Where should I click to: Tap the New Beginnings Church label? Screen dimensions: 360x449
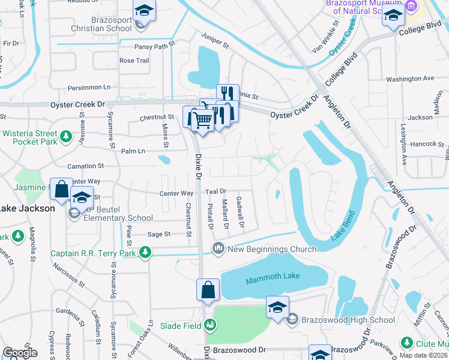coord(272,249)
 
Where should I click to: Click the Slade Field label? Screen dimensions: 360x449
coord(180,326)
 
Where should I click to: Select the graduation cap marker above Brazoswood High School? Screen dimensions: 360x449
coord(277,307)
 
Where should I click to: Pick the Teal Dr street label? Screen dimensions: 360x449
coord(215,191)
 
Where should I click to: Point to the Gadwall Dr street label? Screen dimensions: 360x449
coord(240,212)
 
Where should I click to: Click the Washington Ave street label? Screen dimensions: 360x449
coord(410,79)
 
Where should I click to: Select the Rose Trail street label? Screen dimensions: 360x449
coord(134,61)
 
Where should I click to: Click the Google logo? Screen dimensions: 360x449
coord(20,352)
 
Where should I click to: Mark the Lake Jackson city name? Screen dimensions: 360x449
coord(26,208)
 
